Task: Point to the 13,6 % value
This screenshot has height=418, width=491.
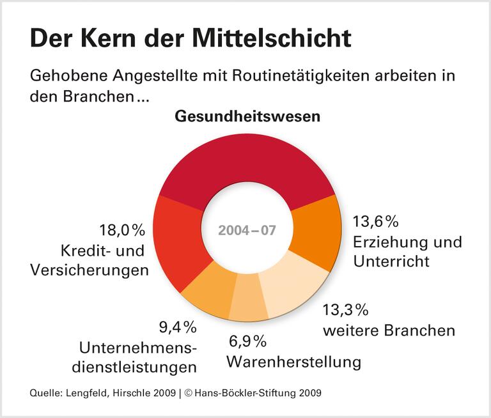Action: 376,222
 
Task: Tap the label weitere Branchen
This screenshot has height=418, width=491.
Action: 389,330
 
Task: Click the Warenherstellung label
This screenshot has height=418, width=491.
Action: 293,362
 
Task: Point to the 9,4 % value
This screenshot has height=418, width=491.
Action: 177,327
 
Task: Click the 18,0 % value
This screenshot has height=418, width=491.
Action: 122,229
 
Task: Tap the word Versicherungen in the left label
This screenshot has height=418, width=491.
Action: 89,269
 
